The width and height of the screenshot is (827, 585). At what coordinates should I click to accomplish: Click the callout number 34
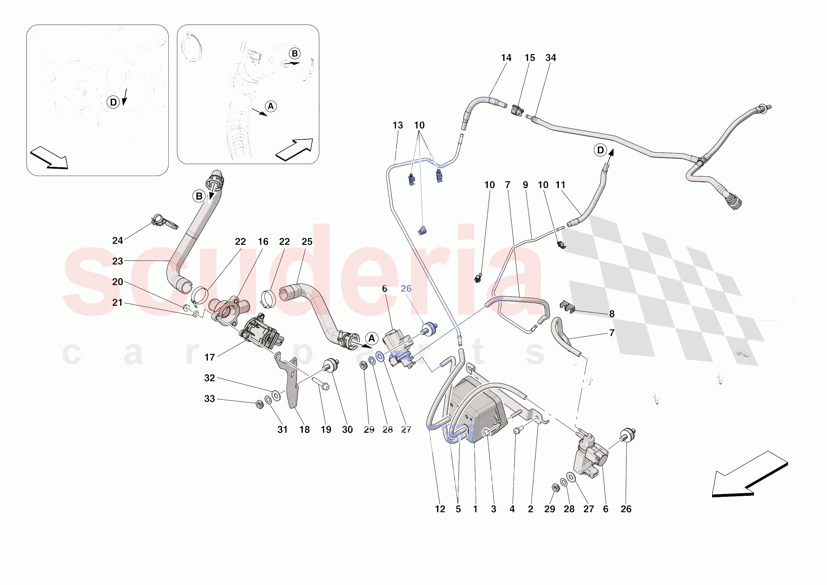point(550,58)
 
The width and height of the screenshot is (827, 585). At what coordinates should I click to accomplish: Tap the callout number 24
point(118,241)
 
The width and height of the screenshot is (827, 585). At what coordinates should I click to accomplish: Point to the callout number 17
point(210,358)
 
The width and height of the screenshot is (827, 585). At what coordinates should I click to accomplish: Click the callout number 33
point(209,399)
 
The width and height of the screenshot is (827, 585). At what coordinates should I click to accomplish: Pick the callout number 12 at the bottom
point(440,509)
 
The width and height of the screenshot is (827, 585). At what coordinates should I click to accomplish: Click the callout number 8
point(612,314)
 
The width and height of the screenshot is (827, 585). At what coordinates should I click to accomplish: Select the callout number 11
point(560,185)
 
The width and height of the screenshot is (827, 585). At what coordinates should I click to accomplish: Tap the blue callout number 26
point(406,288)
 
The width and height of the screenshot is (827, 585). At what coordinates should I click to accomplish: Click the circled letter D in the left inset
point(113,102)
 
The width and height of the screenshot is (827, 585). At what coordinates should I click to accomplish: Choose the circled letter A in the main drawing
point(372,338)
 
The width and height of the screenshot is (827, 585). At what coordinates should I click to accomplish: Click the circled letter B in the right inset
point(295,53)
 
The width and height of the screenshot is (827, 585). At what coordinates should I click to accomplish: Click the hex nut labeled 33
point(259,405)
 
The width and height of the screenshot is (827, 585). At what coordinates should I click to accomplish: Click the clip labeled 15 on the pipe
point(517,110)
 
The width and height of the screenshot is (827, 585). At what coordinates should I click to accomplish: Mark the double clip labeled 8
point(567,306)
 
